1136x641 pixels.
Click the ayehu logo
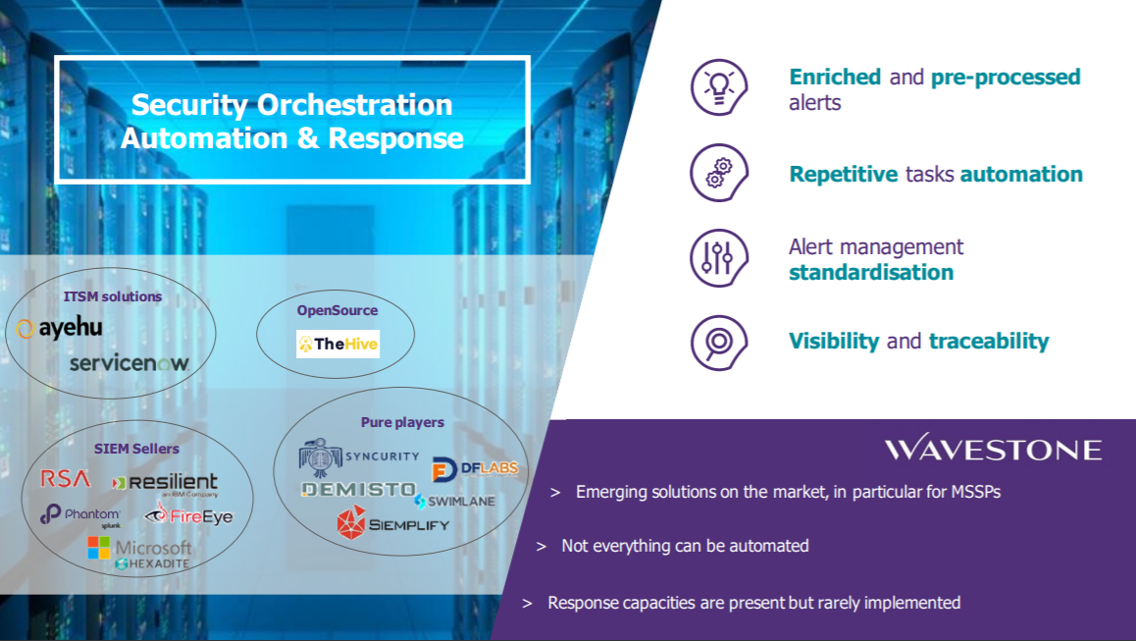(60, 328)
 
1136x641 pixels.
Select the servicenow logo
(129, 362)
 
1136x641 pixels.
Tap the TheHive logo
(337, 344)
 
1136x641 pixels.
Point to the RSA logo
(65, 479)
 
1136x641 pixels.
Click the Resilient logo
(165, 484)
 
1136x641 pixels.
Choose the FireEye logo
(189, 514)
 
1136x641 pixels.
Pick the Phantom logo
(80, 515)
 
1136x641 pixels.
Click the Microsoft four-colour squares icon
(98, 548)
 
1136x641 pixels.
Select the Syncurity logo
(359, 457)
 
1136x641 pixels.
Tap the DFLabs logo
(475, 469)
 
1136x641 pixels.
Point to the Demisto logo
(359, 490)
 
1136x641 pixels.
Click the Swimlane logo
(455, 501)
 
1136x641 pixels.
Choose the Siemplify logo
(393, 523)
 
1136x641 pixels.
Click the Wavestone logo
(993, 448)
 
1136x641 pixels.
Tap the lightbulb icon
(719, 87)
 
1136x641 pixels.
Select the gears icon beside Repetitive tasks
(719, 173)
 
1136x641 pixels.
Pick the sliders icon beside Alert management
(719, 258)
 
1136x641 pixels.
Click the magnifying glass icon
(719, 343)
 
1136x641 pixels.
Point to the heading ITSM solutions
(112, 296)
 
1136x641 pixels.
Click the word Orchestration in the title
(355, 105)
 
